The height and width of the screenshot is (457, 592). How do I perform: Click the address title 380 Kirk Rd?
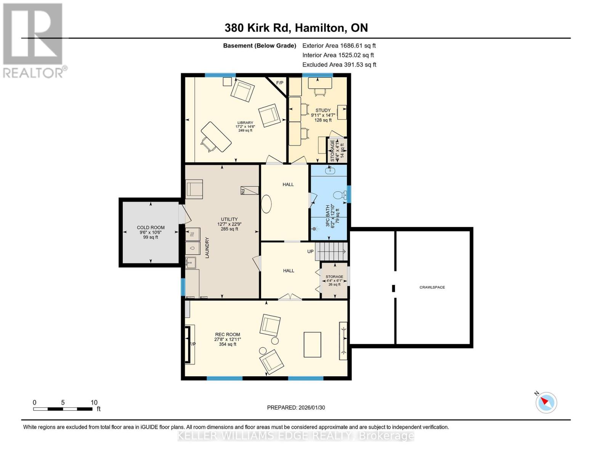tap(296, 28)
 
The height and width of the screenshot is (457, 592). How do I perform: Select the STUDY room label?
tap(323, 110)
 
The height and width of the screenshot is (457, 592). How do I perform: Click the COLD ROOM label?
tap(151, 228)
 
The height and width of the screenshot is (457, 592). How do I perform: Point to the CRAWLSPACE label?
tap(432, 287)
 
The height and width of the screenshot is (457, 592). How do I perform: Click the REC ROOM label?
tap(228, 335)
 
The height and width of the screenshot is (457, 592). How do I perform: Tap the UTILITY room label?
tap(229, 219)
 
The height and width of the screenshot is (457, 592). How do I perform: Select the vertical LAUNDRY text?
tap(207, 248)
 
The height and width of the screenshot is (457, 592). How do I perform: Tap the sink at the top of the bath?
tap(330, 171)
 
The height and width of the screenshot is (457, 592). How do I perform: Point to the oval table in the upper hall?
tap(266, 204)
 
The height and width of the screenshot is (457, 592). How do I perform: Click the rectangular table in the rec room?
tap(312, 344)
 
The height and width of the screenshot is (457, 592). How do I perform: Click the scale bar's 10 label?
tap(94, 403)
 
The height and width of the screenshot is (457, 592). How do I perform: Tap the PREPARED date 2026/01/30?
tap(296, 407)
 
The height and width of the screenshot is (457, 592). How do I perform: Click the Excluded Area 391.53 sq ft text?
tap(339, 65)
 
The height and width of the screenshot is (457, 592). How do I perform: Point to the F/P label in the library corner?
tap(279, 83)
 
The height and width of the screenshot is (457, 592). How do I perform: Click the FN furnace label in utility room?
tap(242, 191)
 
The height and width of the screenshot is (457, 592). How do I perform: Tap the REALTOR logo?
tap(34, 40)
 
